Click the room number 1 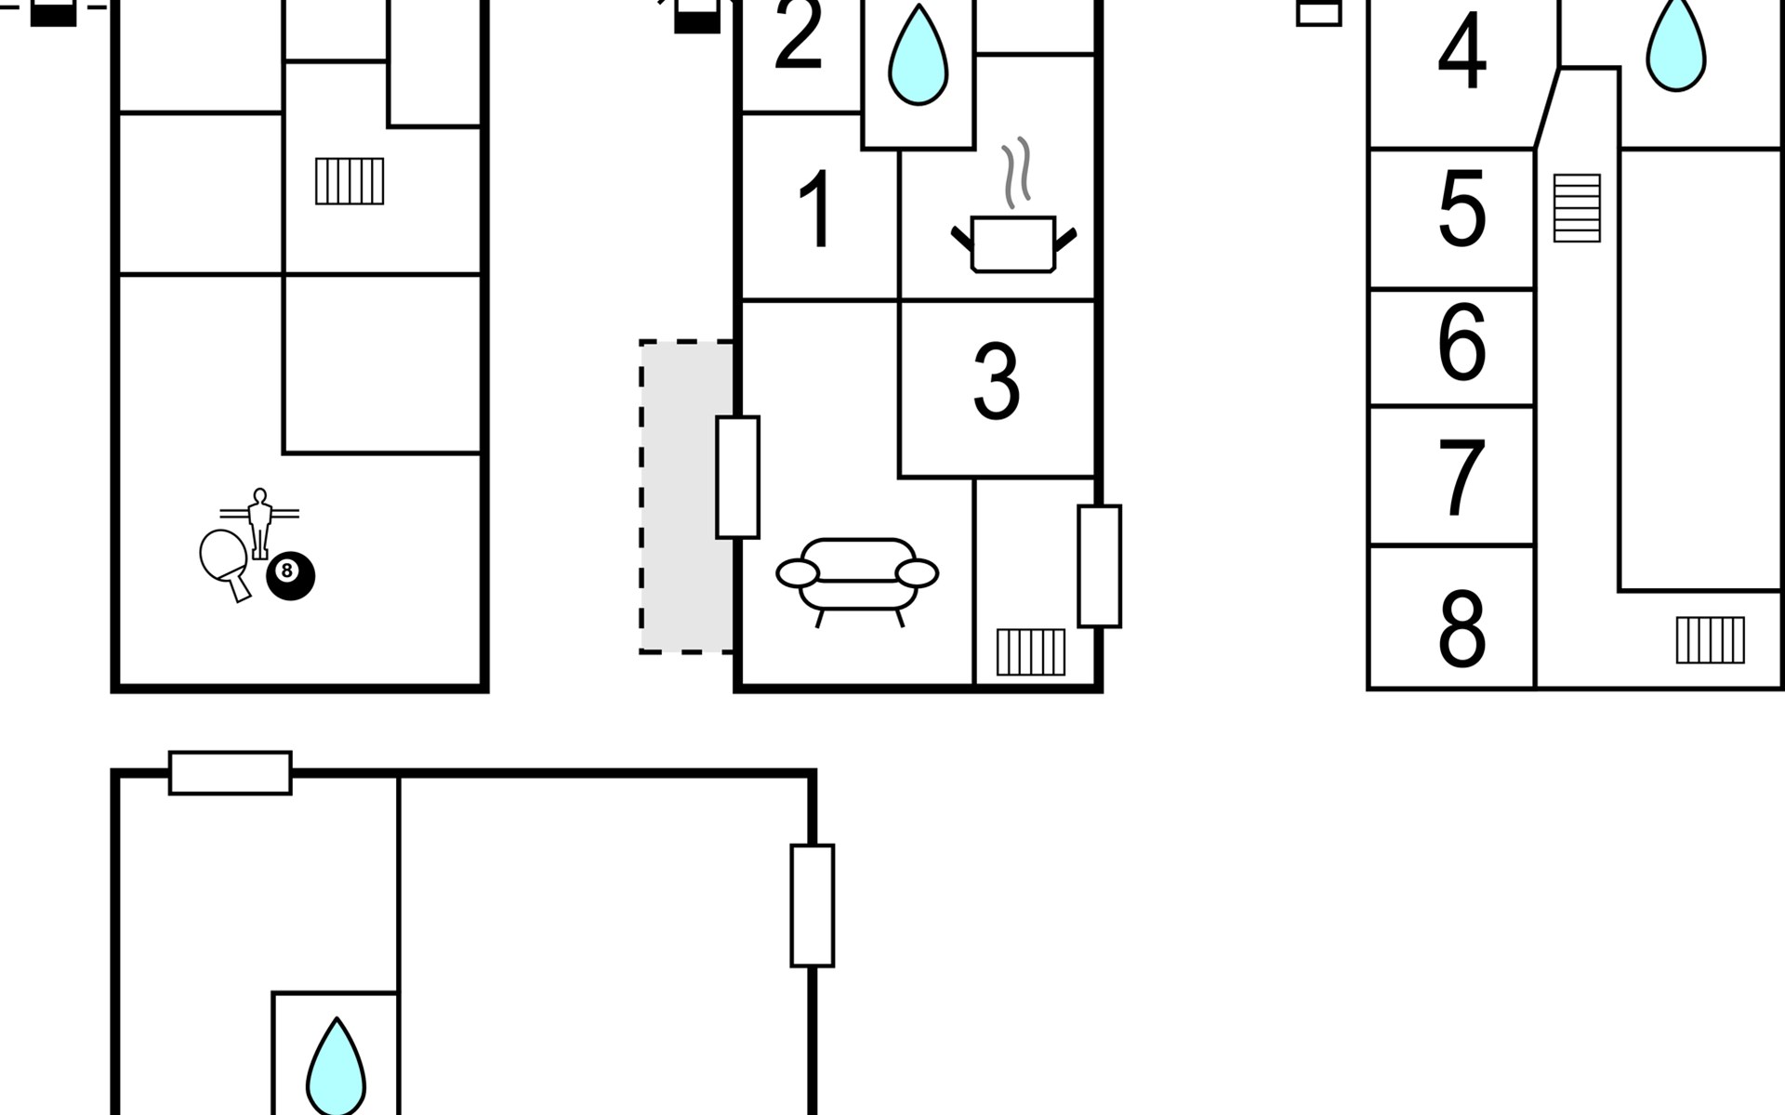tap(816, 210)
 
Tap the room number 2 tap(799, 34)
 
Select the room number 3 tap(997, 380)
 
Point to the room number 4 tap(1461, 50)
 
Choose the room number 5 tap(1461, 208)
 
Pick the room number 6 tap(1461, 342)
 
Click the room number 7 tap(1461, 477)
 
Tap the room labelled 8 tap(1461, 628)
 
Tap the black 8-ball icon tap(291, 576)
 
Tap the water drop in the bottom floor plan tap(337, 1067)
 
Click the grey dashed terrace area tap(687, 497)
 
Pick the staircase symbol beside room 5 tap(1577, 208)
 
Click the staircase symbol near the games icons tap(350, 181)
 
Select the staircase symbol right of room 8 tap(1711, 640)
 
